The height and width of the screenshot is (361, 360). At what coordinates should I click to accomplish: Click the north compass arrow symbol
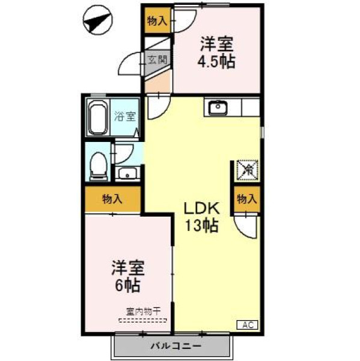point(98,20)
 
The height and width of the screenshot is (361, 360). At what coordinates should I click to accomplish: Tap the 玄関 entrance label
point(157,60)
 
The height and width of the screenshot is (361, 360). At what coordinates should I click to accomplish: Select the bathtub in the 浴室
point(98,117)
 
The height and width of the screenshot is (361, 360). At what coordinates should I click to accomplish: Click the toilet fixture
point(99,166)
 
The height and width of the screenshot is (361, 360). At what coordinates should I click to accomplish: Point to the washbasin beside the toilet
point(127,173)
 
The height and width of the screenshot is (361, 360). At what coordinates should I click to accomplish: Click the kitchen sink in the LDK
point(218,107)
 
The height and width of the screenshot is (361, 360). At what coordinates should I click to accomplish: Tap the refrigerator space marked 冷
point(248,170)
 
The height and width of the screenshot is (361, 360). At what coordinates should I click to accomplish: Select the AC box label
point(248,325)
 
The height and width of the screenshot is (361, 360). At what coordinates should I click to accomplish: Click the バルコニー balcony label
point(176,345)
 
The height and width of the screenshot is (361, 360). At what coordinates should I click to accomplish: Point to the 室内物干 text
point(143,312)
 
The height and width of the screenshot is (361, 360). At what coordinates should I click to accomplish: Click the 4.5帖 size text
point(216,62)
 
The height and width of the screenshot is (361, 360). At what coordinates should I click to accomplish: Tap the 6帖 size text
point(127,286)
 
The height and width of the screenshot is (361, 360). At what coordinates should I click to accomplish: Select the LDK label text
point(201,209)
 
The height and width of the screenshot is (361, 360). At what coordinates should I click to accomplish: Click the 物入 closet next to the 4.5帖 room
point(157,21)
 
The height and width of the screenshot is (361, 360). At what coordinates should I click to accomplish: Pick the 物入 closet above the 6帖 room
point(112,199)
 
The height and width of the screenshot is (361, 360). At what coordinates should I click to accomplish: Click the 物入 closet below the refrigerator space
point(247,199)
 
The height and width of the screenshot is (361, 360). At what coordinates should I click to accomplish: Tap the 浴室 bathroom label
point(125,116)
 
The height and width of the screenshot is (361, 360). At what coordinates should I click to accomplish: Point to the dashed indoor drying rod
point(143,320)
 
